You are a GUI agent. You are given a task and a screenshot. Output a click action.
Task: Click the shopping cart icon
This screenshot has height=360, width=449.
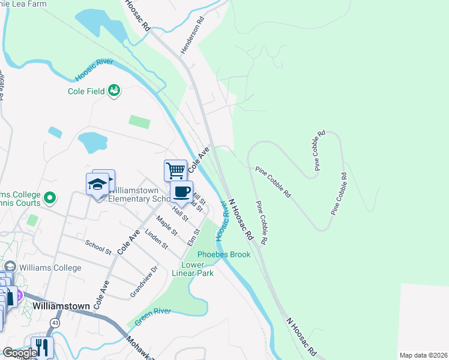pos(175,170)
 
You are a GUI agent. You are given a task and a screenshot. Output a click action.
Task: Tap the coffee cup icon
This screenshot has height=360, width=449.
pos(181,192)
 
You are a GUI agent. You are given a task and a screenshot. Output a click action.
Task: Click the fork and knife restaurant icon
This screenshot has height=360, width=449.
pos(42,347)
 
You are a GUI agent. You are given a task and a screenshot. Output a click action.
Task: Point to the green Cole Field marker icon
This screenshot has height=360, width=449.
pos(114,91)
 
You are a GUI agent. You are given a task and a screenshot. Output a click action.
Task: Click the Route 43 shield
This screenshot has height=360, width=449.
pos(55,322)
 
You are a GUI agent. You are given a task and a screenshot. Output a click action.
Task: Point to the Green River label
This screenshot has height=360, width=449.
pos(153,316)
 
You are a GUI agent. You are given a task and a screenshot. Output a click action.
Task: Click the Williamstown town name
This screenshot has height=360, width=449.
pos(61,305)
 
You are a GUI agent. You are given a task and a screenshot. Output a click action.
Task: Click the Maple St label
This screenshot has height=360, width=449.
pos(166,226)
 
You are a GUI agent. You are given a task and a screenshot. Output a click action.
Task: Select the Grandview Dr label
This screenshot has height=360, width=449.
pos(144,282)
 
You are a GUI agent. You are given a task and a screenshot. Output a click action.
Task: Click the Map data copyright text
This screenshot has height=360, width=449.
pos(423,355)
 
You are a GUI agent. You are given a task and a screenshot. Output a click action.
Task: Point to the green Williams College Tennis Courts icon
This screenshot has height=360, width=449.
pos(50,197)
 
